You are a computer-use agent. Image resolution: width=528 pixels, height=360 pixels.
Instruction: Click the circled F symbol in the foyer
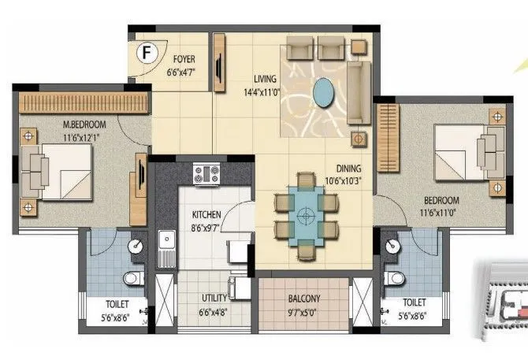pyautogui.click(x=145, y=54)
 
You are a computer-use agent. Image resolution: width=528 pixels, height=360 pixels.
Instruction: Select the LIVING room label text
pyautogui.click(x=266, y=79)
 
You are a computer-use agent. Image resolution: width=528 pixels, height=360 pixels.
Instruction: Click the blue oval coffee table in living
pyautogui.click(x=322, y=93)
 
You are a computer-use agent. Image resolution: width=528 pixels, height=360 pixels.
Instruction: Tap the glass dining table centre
pyautogui.click(x=306, y=214)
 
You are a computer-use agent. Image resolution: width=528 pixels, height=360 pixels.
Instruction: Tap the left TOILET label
pyautogui.click(x=119, y=302)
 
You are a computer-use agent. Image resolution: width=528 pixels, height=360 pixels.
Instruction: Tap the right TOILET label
pyautogui.click(x=413, y=302)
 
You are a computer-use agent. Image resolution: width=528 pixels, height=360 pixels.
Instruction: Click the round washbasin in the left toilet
pyautogui.click(x=136, y=246)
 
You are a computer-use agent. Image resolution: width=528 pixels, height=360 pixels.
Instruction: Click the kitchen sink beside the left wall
pyautogui.click(x=166, y=246)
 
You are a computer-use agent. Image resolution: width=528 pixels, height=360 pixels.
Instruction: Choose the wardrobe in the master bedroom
pyautogui.click(x=84, y=102)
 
